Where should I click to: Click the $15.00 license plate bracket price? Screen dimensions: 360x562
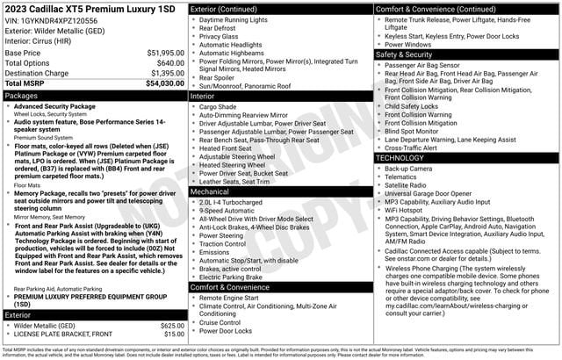(173, 335)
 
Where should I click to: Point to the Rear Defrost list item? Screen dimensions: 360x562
(219, 28)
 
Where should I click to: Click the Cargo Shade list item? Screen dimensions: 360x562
(218, 106)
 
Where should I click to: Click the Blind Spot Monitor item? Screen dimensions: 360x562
(416, 131)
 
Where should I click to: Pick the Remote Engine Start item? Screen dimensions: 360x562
(231, 298)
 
